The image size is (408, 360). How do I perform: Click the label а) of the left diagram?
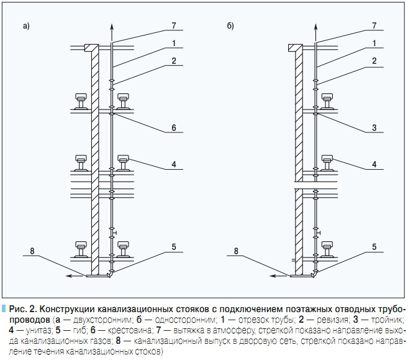point(26,26)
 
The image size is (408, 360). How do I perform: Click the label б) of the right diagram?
point(231,26)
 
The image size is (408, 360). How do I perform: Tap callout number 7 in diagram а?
point(175,25)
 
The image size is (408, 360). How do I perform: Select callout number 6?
point(175,127)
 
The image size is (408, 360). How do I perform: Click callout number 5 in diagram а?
point(175,247)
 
